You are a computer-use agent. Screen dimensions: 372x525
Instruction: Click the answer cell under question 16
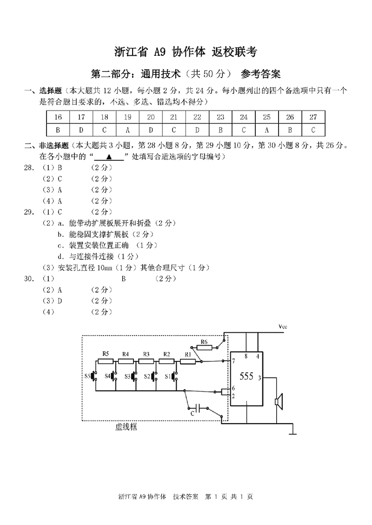(58, 130)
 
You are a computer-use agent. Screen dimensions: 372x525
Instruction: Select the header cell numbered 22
(197, 117)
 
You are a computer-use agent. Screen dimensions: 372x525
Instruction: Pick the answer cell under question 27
(313, 130)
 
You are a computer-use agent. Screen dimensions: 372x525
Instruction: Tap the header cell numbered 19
(128, 117)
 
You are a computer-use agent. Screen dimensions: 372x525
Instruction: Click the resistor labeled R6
(204, 348)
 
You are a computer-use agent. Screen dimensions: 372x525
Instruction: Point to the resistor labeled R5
(106, 361)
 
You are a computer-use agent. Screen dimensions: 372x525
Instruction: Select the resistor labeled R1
(188, 361)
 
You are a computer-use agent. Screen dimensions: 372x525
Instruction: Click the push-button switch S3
(134, 376)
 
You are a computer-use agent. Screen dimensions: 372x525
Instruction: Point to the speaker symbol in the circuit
(279, 401)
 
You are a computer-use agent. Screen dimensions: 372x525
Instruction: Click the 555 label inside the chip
(246, 376)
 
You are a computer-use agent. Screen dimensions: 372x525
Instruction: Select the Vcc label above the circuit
(283, 327)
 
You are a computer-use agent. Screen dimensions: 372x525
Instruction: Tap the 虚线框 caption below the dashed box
(126, 427)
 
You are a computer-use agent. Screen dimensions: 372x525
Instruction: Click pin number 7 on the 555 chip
(233, 361)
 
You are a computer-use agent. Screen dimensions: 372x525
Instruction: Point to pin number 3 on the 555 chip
(260, 378)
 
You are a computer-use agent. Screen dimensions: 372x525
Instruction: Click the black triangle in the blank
(109, 157)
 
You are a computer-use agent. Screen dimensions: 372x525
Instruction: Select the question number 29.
(29, 212)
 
